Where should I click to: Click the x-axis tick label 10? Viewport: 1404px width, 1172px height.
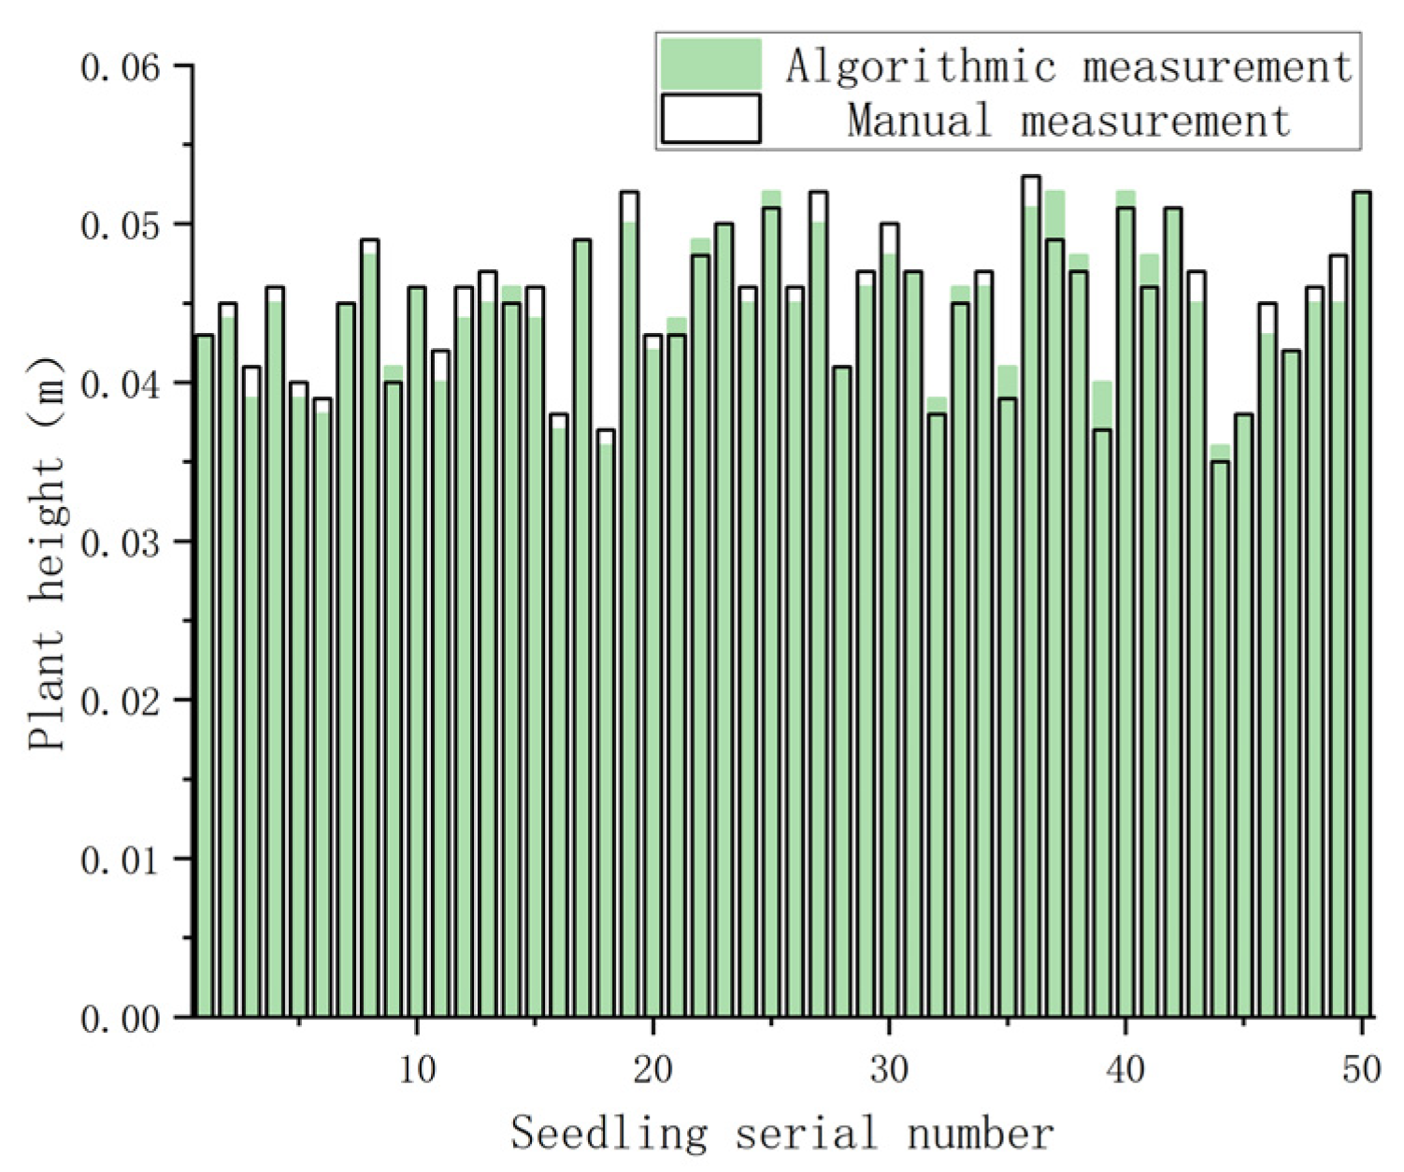pos(417,1068)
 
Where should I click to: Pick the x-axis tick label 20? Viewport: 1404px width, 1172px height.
pos(652,1068)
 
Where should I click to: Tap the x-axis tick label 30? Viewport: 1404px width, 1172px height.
pos(889,1068)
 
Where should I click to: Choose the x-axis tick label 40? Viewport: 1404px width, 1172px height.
pos(1125,1068)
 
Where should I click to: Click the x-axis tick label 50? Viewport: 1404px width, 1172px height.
pos(1361,1068)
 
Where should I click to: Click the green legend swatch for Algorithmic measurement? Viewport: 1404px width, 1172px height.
pos(710,64)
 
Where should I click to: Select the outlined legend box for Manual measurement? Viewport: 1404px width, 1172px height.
pos(710,119)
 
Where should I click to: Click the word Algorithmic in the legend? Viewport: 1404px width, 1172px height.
pos(921,66)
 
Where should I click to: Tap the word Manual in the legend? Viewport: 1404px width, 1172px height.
pos(919,121)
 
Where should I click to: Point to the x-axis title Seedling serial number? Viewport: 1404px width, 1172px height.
pos(782,1134)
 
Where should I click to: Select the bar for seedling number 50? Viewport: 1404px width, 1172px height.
pos(1362,608)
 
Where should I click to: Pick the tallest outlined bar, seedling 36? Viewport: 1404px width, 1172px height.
pos(1031,599)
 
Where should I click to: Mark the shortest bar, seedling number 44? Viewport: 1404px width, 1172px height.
pos(1220,739)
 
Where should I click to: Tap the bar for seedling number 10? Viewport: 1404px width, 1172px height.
pos(417,655)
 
